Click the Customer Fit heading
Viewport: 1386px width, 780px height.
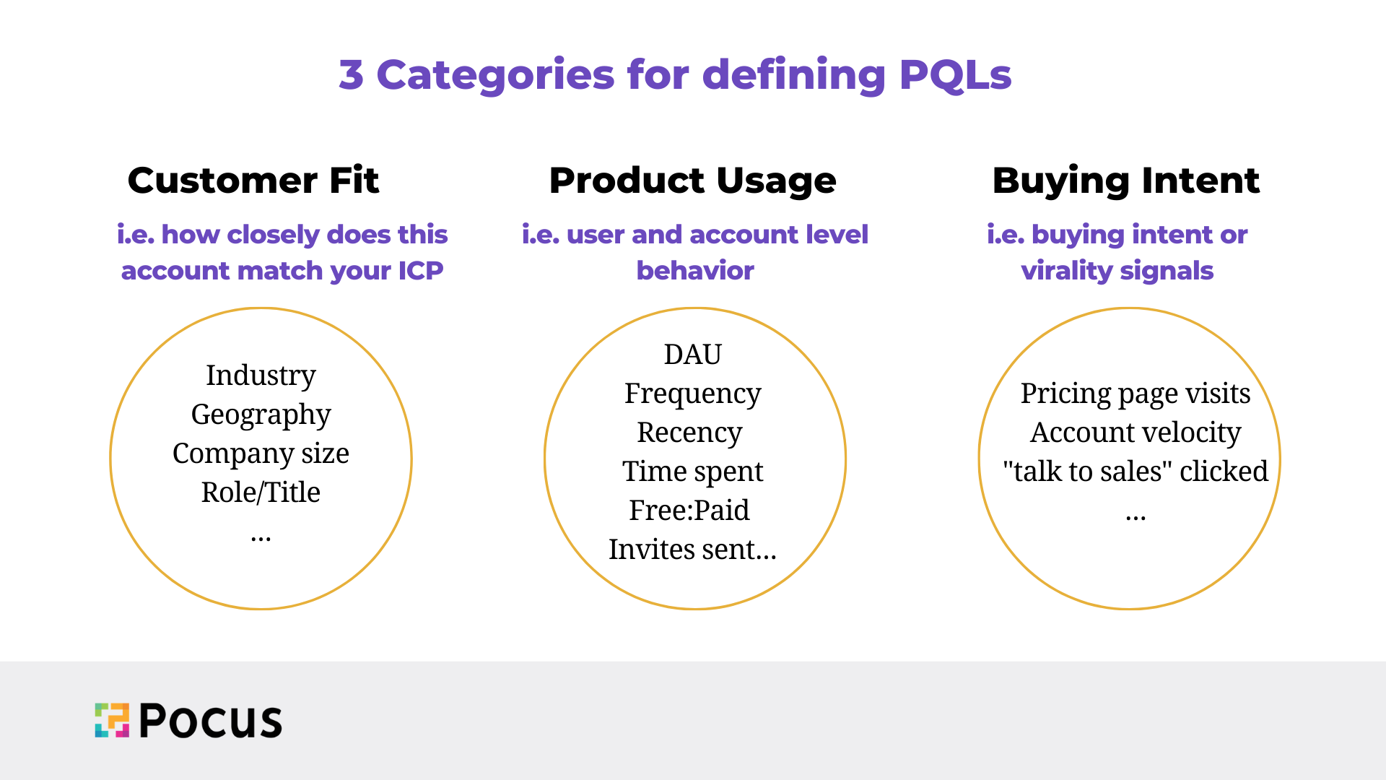[x=253, y=181]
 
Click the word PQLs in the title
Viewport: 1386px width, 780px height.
[x=956, y=75]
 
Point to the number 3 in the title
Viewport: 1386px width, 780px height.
[x=351, y=74]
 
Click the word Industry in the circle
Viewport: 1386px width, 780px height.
[x=261, y=376]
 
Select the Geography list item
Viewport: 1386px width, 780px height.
[x=261, y=415]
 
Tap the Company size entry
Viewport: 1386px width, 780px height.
[x=261, y=454]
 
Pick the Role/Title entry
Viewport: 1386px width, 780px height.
[x=261, y=493]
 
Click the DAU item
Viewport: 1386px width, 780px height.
[x=693, y=355]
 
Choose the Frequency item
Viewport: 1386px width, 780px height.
[x=693, y=394]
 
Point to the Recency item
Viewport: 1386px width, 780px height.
[x=689, y=433]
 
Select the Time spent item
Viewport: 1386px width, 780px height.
[x=693, y=472]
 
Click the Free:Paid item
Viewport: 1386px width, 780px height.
[x=689, y=511]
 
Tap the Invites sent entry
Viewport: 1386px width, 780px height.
[x=693, y=550]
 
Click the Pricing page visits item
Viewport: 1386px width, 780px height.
[x=1136, y=394]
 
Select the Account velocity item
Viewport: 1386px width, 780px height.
[x=1136, y=433]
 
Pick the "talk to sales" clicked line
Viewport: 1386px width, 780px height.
[x=1136, y=472]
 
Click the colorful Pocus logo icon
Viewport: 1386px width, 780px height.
[x=112, y=720]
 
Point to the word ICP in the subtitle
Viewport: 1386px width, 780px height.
[x=420, y=271]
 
